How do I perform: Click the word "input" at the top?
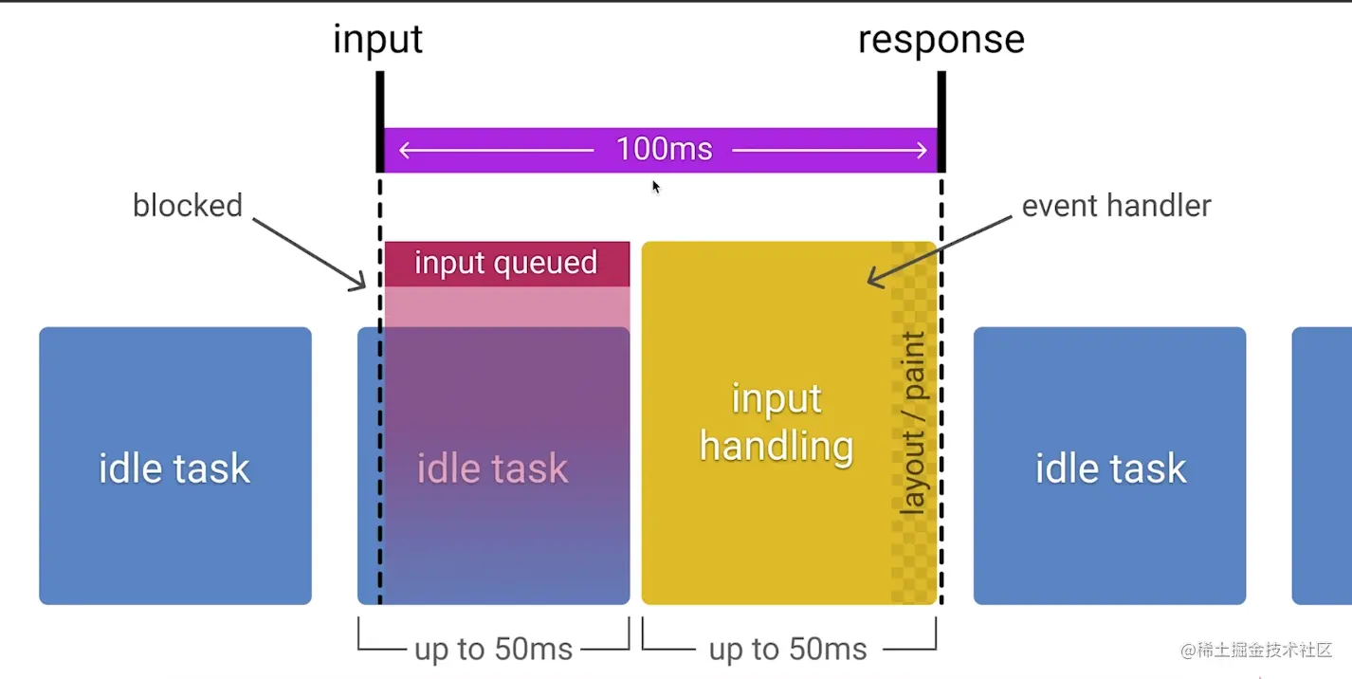pyautogui.click(x=377, y=40)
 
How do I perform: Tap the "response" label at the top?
pyautogui.click(x=941, y=40)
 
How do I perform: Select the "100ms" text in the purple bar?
pyautogui.click(x=664, y=149)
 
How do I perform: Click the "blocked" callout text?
pyautogui.click(x=188, y=205)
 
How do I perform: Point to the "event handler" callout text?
pyautogui.click(x=1116, y=205)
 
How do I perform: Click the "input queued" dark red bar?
pyautogui.click(x=506, y=263)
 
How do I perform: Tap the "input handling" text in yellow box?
pyautogui.click(x=776, y=423)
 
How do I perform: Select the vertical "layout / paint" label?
pyautogui.click(x=912, y=424)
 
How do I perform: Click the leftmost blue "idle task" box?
pyautogui.click(x=175, y=466)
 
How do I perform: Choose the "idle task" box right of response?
pyautogui.click(x=1109, y=466)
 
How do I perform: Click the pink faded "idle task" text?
pyautogui.click(x=492, y=468)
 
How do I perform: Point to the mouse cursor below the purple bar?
pyautogui.click(x=655, y=187)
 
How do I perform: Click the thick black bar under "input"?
pyautogui.click(x=379, y=120)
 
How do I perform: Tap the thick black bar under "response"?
pyautogui.click(x=941, y=120)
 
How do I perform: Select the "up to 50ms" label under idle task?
pyautogui.click(x=493, y=650)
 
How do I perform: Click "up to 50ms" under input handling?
pyautogui.click(x=788, y=650)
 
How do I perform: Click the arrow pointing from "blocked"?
pyautogui.click(x=309, y=251)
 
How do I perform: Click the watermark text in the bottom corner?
pyautogui.click(x=1256, y=650)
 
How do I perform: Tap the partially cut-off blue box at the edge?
pyautogui.click(x=1323, y=466)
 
